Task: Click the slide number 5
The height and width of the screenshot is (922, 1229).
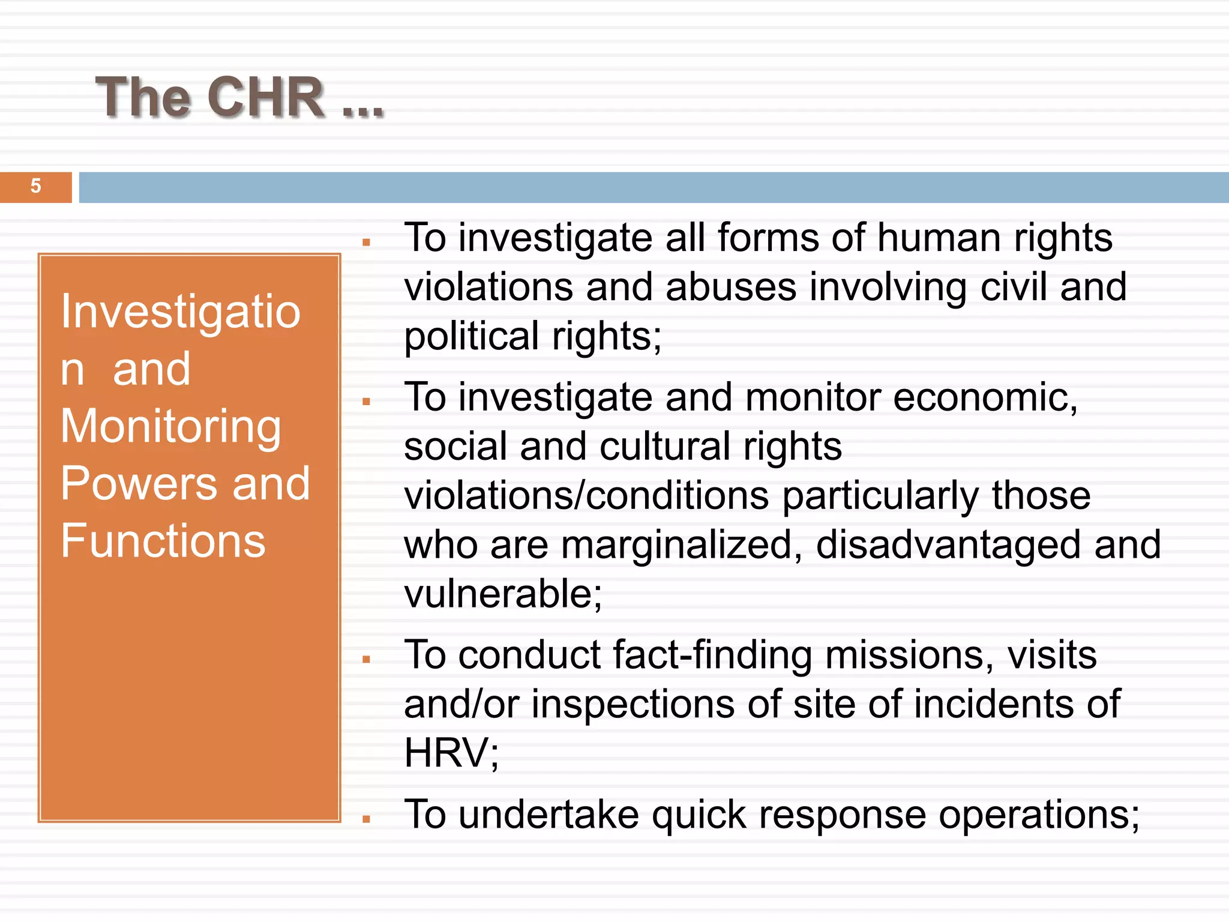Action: point(36,186)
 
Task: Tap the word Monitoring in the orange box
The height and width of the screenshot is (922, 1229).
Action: point(171,426)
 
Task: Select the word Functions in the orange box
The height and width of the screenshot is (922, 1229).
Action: point(163,541)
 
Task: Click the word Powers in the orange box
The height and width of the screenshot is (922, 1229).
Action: point(139,484)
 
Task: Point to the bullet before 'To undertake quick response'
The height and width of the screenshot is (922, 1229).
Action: point(367,819)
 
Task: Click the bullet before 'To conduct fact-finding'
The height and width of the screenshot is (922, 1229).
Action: point(367,660)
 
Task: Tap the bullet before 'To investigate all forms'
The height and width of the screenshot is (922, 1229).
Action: point(367,243)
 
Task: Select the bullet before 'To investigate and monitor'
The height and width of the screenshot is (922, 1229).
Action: point(367,402)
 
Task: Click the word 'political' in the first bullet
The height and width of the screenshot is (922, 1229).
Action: point(471,337)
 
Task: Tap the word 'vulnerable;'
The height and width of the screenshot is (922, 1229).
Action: point(503,594)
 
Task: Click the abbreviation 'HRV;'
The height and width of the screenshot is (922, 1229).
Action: point(451,753)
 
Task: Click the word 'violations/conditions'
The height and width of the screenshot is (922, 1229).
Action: point(586,496)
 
